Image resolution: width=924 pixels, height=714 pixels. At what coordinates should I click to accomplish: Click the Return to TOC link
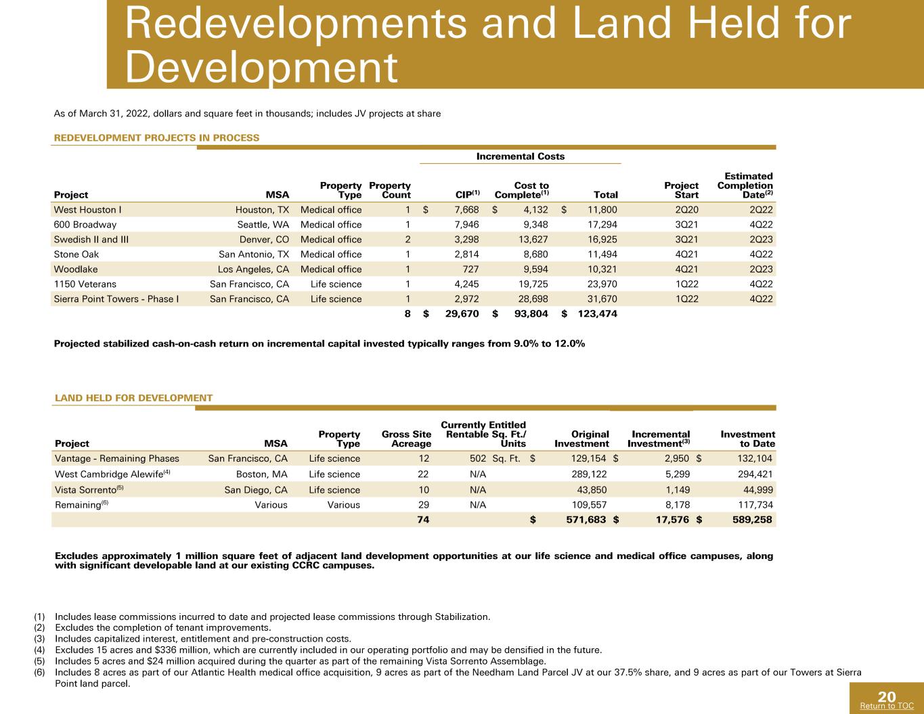point(887,705)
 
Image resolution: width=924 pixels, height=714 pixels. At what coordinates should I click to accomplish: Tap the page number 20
point(887,696)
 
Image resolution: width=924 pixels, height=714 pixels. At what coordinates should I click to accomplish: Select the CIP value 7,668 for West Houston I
point(466,210)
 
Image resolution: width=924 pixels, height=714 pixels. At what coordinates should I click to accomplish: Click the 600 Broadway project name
point(85,225)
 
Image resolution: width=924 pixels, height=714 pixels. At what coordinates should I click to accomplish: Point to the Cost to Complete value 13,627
point(533,240)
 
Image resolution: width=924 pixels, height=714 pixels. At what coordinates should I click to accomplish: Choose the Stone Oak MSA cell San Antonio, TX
point(254,254)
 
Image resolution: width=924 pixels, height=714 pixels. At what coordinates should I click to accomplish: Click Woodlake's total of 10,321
point(602,269)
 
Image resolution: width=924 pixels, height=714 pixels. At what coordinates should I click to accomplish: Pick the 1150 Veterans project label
point(85,284)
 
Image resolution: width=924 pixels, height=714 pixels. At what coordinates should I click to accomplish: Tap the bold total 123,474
point(598,313)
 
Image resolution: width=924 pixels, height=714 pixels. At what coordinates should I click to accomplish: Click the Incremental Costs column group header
point(521,156)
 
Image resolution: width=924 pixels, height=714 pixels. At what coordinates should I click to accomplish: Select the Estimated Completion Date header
point(745,185)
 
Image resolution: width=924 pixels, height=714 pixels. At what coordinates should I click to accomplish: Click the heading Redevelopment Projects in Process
point(156,137)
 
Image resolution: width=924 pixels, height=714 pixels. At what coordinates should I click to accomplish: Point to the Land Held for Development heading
point(133,398)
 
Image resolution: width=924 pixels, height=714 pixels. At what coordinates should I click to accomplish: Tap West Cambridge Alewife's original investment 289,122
point(589,474)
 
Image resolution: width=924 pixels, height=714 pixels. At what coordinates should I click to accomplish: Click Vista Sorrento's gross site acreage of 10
point(424,489)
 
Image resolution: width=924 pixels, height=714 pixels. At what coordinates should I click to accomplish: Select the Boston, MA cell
point(261,474)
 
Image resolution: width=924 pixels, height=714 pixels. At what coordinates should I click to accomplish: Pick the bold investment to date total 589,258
point(752,519)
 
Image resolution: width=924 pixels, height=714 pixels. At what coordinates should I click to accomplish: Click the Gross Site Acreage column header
point(407,439)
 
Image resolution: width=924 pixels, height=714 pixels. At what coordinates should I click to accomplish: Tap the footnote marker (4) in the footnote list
point(39,650)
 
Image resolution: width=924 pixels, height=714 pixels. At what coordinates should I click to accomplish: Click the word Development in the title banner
point(261,67)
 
